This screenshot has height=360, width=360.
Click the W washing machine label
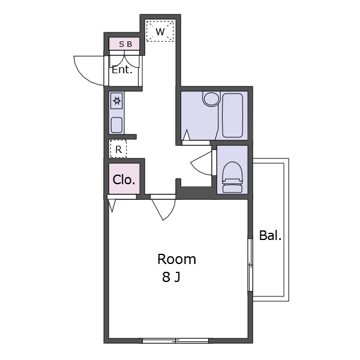pos(160,32)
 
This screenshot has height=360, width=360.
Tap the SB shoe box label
pos(125,44)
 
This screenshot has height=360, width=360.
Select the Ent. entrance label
pos(122,70)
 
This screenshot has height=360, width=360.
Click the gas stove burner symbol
pos(117,101)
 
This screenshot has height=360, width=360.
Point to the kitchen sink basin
pos(116,125)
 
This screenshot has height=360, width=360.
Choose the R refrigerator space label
pos(118,149)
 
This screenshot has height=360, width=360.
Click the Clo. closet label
pos(124,179)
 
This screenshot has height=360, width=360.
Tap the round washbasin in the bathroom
pos(211,99)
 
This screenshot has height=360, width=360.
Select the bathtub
pos(233,115)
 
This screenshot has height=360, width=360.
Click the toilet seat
pos(233,177)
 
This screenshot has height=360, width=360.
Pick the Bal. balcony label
pos(270,236)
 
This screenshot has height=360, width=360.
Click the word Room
pos(176,259)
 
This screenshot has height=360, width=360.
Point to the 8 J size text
pos(171,277)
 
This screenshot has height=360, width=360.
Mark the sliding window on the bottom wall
pos(175,340)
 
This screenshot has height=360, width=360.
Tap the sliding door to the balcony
pos(250,265)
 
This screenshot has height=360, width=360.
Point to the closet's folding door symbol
pos(112,205)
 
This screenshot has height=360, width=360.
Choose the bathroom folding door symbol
pos(187,135)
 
